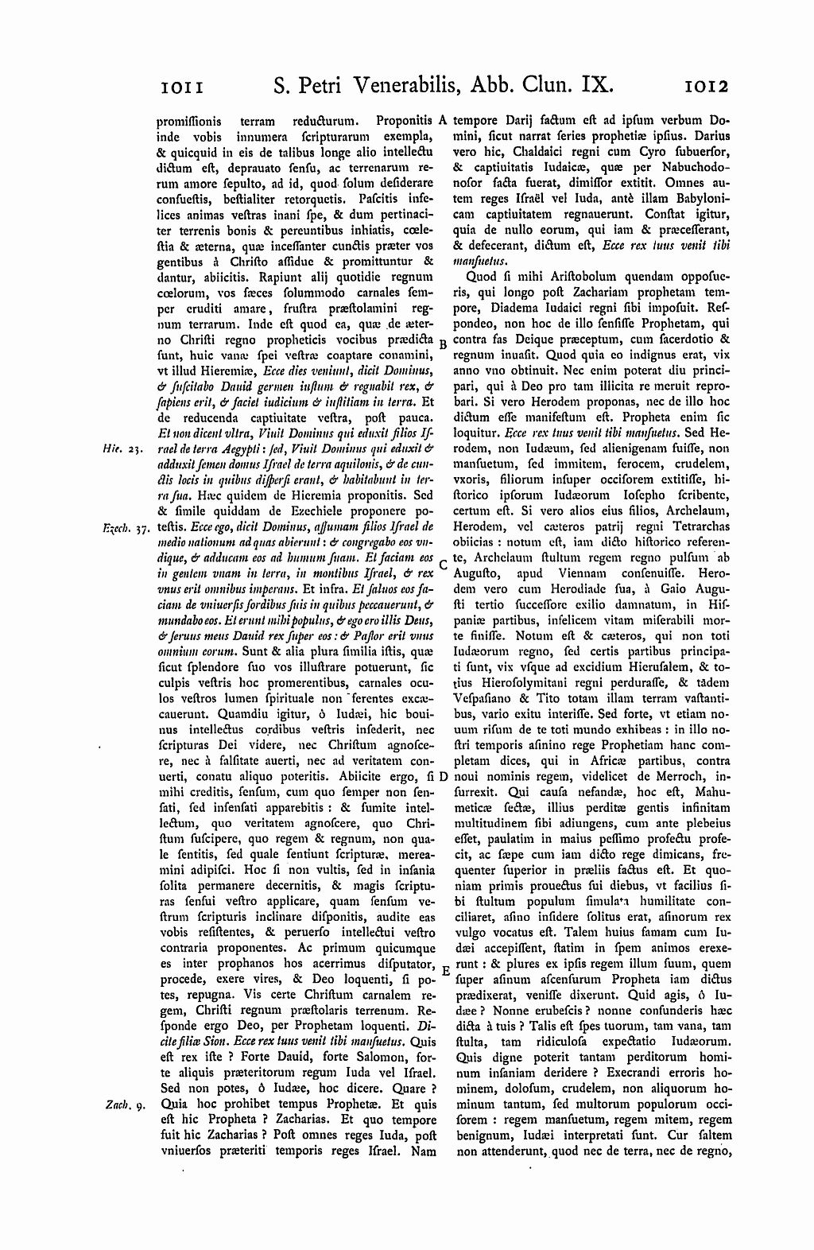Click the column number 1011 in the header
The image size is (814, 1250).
(183, 85)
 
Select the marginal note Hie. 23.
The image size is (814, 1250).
(123, 449)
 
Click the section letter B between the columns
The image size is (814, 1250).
(443, 344)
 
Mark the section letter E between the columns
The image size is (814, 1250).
(445, 972)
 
